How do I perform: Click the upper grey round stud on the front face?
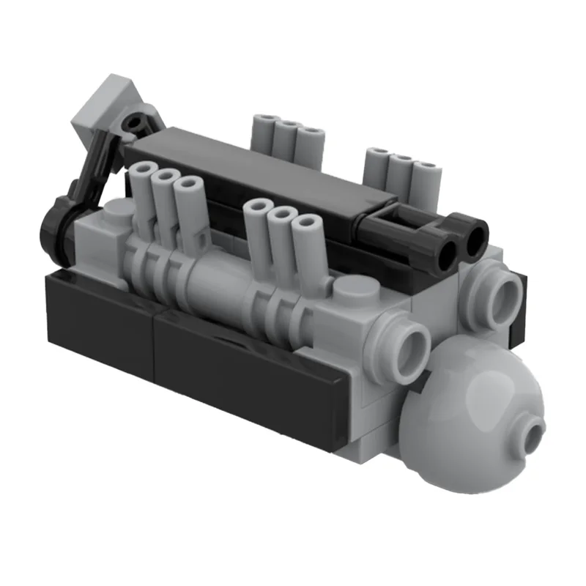pos(503,294)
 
